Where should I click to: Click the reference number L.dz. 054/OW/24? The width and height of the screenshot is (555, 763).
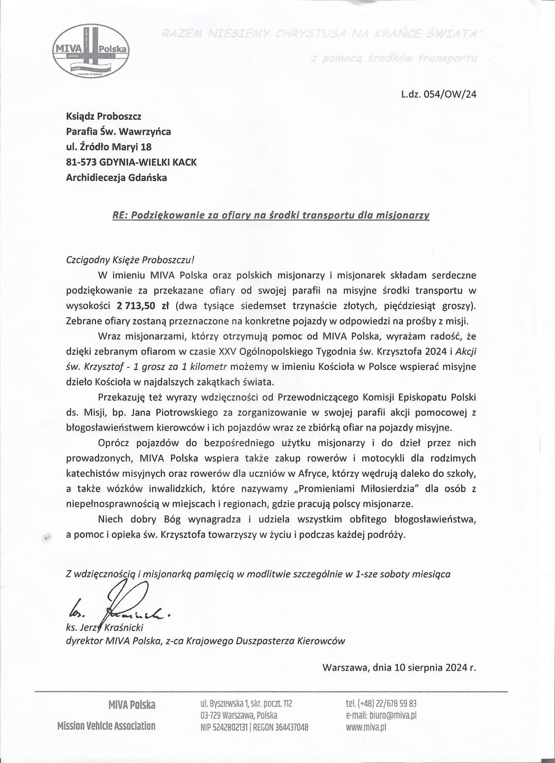coord(438,95)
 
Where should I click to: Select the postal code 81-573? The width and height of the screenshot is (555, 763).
coord(82,162)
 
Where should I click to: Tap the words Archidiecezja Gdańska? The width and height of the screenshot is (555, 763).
coord(116,178)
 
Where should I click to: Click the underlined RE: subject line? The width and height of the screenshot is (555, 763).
coord(271,215)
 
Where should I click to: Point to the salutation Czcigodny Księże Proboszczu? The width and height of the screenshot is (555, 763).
coord(131,260)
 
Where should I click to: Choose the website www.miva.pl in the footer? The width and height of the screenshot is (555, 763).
coord(366,727)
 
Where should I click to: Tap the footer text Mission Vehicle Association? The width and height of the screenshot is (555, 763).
coord(106,726)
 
